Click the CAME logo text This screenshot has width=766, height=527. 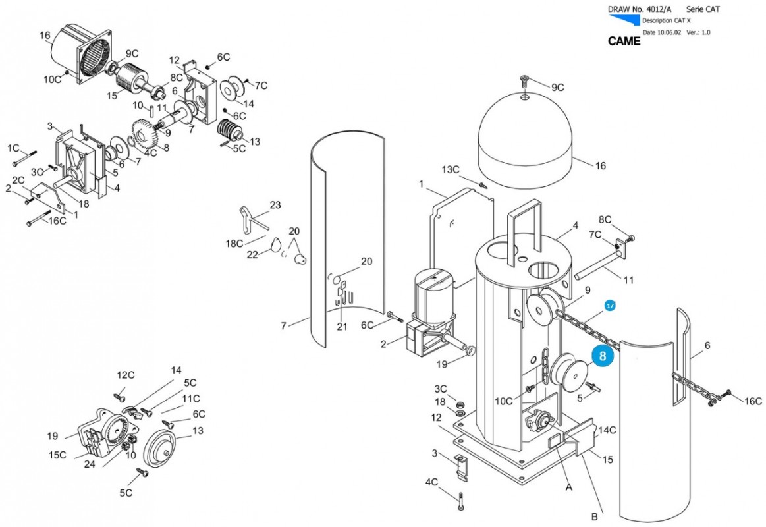tap(624, 42)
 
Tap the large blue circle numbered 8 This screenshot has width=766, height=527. tap(602, 356)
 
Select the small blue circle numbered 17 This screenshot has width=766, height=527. tap(610, 306)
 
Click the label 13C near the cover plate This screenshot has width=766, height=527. tap(451, 169)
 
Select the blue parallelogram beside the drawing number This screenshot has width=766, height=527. tap(624, 20)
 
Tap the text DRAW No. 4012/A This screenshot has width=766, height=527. tap(640, 9)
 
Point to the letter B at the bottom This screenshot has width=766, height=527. tap(595, 516)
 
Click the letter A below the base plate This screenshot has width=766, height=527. tap(568, 487)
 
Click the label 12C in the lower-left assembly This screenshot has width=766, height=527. tap(126, 375)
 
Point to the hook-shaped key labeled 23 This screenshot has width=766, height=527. tap(253, 218)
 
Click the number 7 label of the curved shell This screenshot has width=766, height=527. tap(283, 325)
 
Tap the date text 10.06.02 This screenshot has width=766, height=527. tap(669, 33)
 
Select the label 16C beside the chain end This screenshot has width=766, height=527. tap(753, 401)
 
